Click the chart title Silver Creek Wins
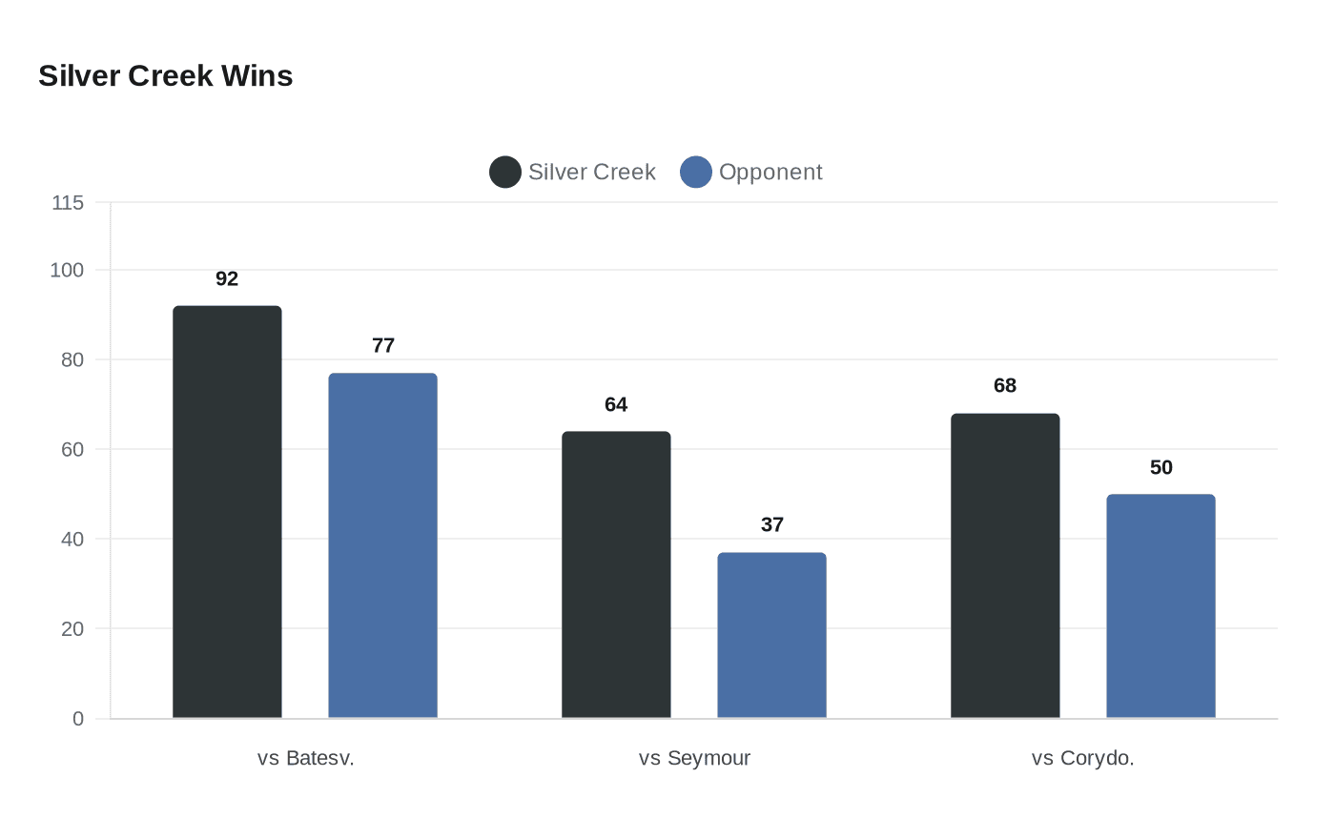[x=165, y=76]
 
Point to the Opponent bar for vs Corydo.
[x=1160, y=606]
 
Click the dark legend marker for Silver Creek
[x=505, y=173]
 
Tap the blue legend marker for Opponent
[x=696, y=173]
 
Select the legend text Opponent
[x=770, y=173]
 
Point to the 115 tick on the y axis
[x=68, y=203]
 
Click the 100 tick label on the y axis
[x=67, y=271]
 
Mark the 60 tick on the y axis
[x=72, y=449]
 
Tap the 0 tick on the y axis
[x=78, y=719]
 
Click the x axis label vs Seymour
[x=694, y=758]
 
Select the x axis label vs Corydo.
[x=1082, y=758]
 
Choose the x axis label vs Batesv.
[x=305, y=758]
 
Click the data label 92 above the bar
[x=227, y=279]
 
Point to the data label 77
[x=383, y=346]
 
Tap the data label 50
[x=1160, y=468]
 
